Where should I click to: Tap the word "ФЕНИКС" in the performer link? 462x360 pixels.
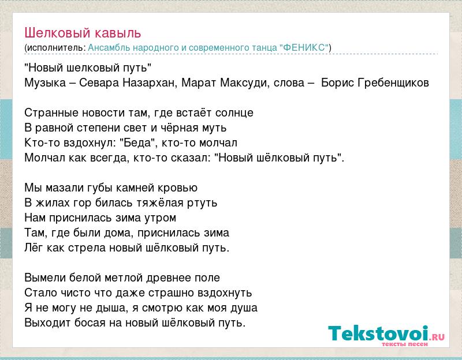point(305,47)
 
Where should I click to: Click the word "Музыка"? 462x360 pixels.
point(45,82)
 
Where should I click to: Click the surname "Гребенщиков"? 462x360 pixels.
point(393,82)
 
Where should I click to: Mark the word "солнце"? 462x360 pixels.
point(234,113)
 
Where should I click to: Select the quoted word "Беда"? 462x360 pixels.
point(137,142)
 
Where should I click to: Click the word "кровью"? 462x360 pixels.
point(178,188)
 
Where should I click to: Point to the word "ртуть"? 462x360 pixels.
point(202,203)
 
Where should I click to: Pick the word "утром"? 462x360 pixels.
point(161,218)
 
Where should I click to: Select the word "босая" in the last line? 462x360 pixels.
point(90,322)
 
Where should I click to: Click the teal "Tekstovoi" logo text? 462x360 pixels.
point(379,333)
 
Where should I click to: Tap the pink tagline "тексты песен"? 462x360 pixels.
point(405,344)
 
